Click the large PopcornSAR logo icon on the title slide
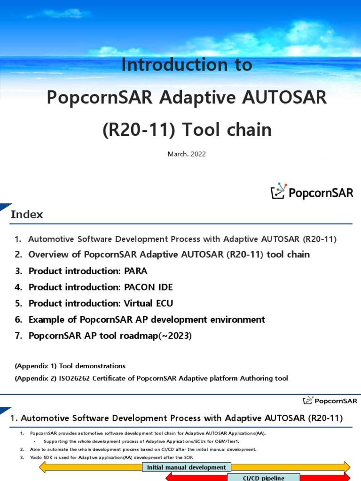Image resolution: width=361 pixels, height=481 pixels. point(279,191)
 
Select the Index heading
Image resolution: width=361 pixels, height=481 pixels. point(27,215)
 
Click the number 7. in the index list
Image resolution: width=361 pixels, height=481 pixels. point(18,336)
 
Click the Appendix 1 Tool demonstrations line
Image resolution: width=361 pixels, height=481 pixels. point(70,365)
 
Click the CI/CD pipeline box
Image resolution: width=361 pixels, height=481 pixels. point(257,477)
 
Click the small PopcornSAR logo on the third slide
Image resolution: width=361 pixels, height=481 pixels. point(330,401)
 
